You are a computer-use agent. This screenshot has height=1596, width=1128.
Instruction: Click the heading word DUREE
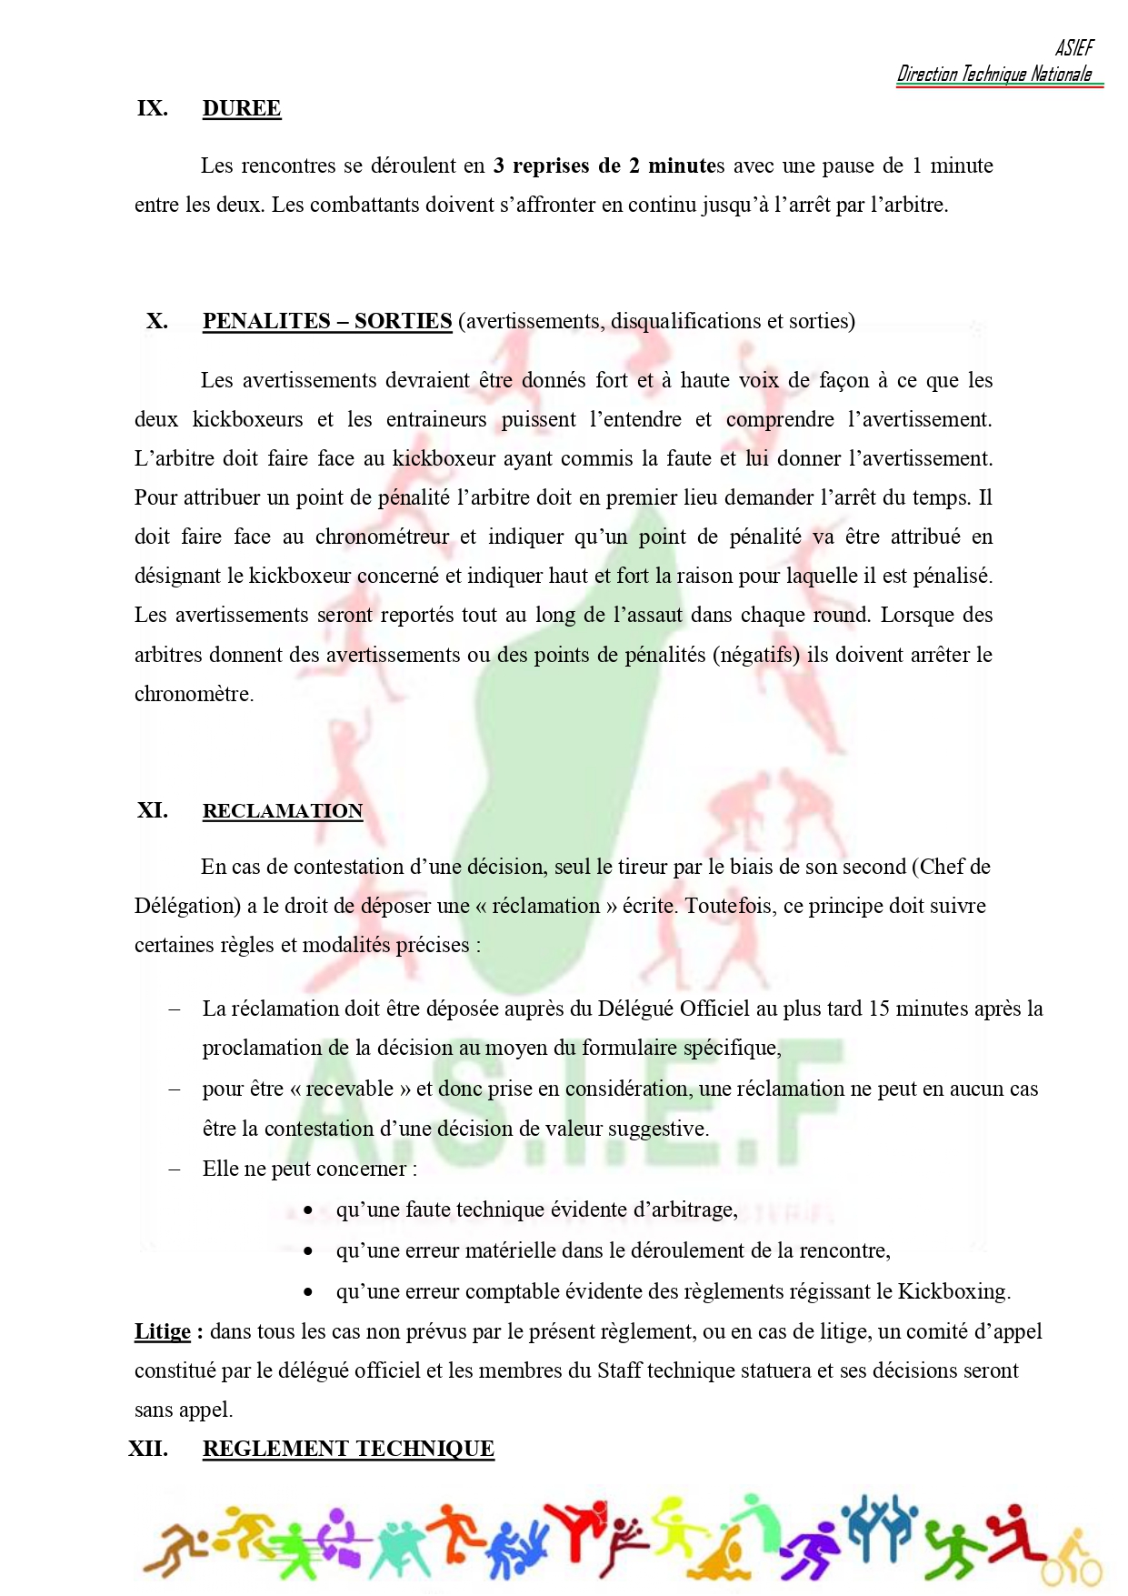(x=242, y=108)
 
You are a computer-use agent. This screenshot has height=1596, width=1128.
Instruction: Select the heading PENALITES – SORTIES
(x=327, y=321)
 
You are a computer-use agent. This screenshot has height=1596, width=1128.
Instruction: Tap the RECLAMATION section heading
(x=283, y=811)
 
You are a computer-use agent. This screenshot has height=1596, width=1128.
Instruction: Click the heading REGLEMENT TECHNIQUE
(x=348, y=1449)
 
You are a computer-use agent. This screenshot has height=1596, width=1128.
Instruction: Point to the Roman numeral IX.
(x=152, y=108)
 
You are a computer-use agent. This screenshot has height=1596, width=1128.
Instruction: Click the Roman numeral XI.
(x=152, y=810)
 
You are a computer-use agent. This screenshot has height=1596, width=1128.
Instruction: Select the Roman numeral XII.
(x=148, y=1449)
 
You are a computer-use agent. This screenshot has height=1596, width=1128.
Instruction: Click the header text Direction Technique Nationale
(x=994, y=75)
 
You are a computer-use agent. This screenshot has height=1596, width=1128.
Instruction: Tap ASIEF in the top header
(x=1074, y=47)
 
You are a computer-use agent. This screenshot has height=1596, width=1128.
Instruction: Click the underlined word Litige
(x=163, y=1332)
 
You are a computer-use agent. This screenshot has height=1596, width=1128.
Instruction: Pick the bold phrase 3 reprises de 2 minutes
(x=609, y=166)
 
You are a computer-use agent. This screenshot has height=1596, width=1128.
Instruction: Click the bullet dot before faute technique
(x=309, y=1210)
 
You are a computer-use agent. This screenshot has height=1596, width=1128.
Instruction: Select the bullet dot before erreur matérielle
(x=309, y=1251)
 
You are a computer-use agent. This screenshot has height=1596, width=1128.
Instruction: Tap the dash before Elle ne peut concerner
(x=175, y=1169)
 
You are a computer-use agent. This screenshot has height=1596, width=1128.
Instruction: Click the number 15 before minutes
(x=879, y=1009)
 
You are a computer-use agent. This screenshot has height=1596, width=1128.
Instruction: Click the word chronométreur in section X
(x=382, y=537)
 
